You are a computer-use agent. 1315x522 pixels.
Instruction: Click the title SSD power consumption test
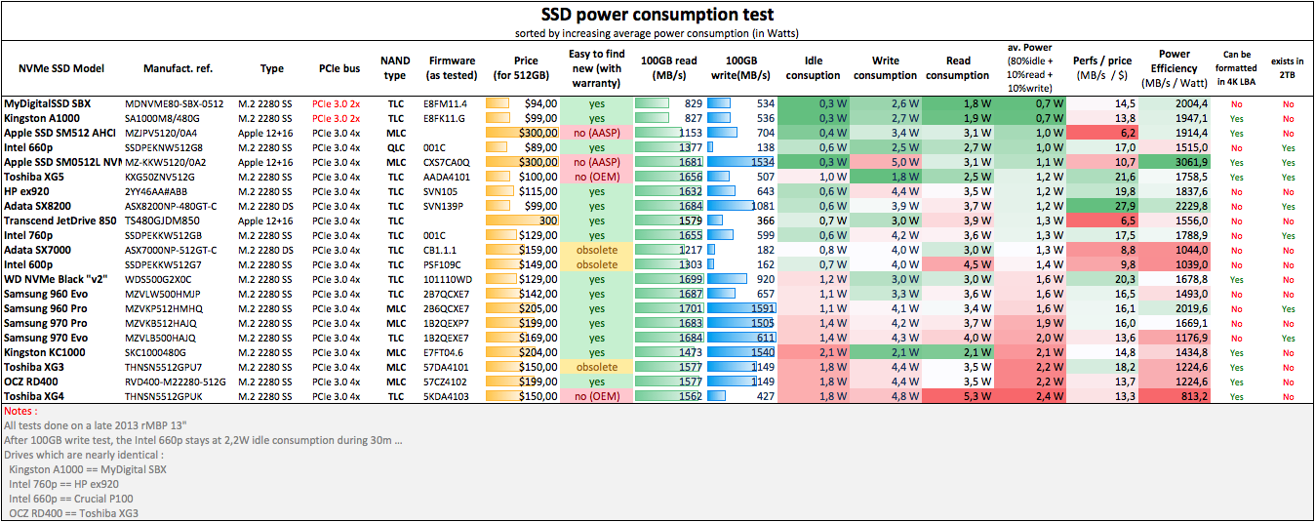pyautogui.click(x=657, y=14)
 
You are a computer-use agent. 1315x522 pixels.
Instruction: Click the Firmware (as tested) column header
pyautogui.click(x=452, y=68)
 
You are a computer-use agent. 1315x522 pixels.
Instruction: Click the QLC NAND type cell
pyautogui.click(x=395, y=147)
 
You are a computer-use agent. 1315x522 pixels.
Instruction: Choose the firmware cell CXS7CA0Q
pyautogui.click(x=447, y=162)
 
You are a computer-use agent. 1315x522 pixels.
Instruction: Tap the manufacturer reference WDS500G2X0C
pyautogui.click(x=161, y=279)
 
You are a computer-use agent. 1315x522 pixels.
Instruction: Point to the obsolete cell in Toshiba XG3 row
pyautogui.click(x=596, y=367)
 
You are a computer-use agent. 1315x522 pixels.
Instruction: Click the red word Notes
pyautogui.click(x=20, y=411)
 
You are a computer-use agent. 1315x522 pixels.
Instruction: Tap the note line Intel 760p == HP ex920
pyautogui.click(x=63, y=484)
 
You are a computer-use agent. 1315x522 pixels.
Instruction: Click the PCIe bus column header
pyautogui.click(x=339, y=68)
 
